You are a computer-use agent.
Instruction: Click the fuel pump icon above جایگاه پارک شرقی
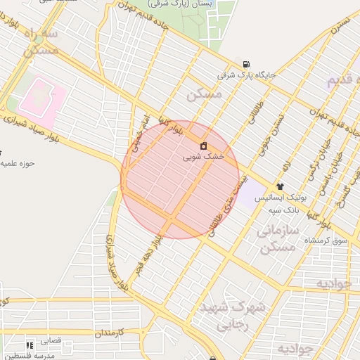245,63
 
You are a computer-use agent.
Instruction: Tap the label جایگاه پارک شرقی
246,74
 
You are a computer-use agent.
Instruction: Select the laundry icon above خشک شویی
203,146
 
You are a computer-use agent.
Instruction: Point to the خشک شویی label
203,157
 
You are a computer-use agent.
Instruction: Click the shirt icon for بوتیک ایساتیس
280,186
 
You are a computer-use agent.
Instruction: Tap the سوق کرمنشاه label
326,241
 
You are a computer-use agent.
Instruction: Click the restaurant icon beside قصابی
30,345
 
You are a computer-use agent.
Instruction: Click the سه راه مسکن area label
39,42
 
